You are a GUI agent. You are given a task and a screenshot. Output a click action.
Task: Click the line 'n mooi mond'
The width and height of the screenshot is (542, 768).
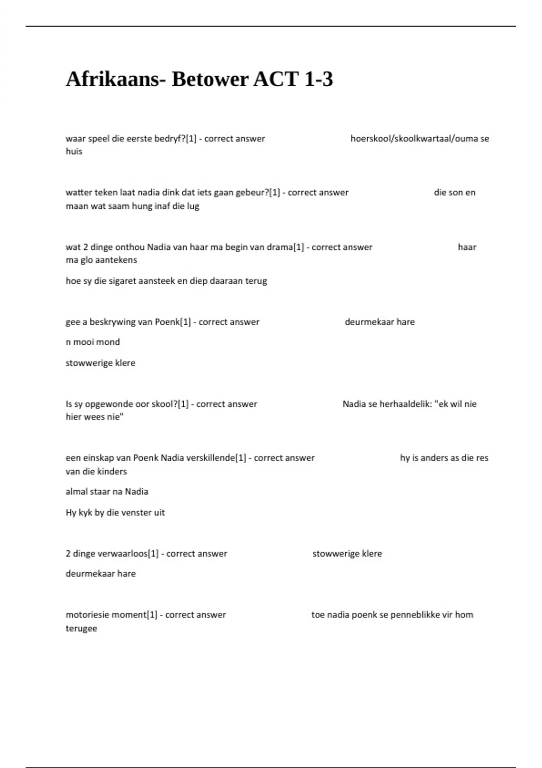93,342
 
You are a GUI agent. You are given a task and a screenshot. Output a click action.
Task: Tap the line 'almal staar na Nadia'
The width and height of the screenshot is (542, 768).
107,492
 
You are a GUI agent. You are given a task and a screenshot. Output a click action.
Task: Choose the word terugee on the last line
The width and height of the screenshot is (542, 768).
81,628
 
